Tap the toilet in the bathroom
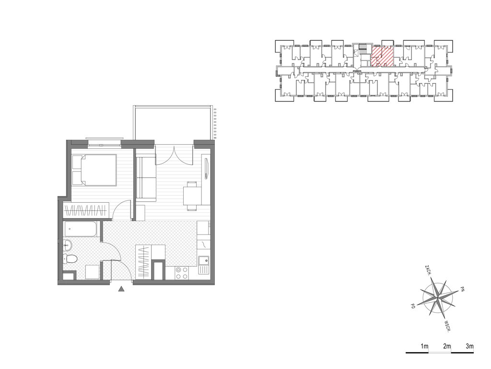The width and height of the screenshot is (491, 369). [70, 259]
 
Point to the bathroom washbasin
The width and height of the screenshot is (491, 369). [68, 245]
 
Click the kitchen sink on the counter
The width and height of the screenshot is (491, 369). [204, 261]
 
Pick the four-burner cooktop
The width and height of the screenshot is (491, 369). [182, 273]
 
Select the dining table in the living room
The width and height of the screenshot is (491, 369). [192, 196]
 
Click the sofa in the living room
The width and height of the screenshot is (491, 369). [146, 178]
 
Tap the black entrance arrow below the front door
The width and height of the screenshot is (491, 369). [121, 289]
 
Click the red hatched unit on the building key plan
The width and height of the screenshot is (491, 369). [382, 56]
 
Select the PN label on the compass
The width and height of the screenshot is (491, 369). [462, 289]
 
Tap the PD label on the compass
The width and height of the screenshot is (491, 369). [413, 306]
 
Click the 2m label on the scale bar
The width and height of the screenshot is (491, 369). [447, 346]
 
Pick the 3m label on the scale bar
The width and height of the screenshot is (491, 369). [470, 346]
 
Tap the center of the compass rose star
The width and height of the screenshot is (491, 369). [437, 296]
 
